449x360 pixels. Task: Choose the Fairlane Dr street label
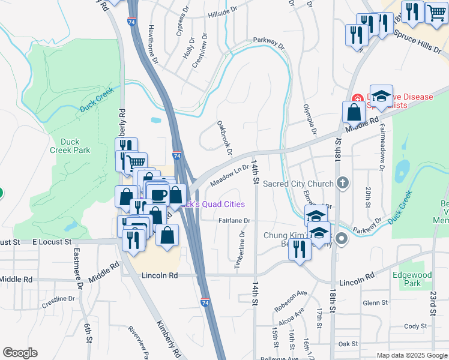(234, 221)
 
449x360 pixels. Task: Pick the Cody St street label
(415, 326)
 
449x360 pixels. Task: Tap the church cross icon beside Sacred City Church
(342, 183)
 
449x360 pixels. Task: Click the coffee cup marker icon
(159, 194)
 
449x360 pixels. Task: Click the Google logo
(20, 353)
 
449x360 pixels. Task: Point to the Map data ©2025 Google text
(411, 355)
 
